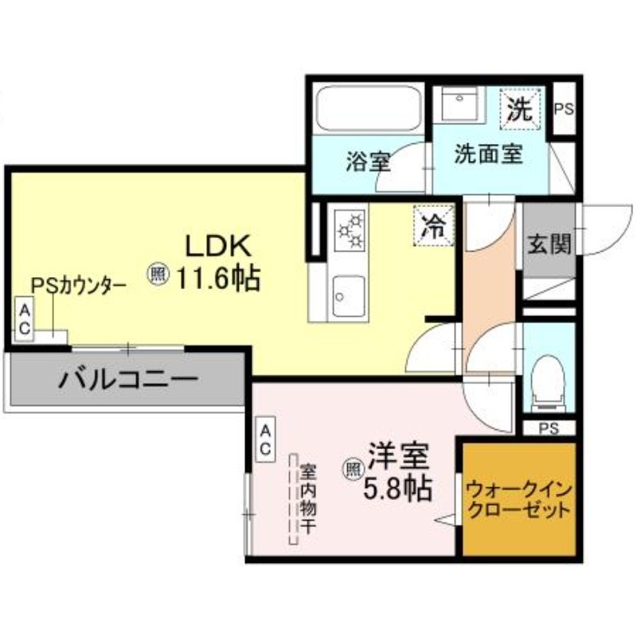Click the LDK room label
coord(218,246)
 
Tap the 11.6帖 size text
coord(217,279)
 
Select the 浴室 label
coord(369,161)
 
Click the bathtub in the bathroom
coord(369,108)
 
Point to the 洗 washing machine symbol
coord(522,109)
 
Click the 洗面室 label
coord(488,154)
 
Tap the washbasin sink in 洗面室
coord(460,104)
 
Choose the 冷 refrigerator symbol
coord(433,226)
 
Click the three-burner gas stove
coord(350,230)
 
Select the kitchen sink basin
coord(349,297)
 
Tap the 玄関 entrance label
coord(549,244)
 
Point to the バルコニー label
coord(129,380)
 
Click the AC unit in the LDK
coord(25,320)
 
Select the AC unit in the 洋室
coord(265,440)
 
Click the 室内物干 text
coord(308,499)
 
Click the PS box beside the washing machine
coord(565,108)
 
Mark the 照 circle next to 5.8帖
coord(354,470)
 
